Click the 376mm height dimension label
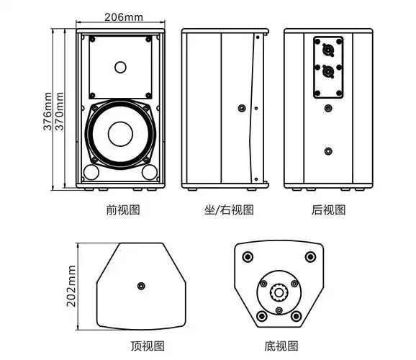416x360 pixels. pos(48,110)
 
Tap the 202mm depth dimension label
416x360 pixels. pos(71,286)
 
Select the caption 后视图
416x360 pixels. pos(329,210)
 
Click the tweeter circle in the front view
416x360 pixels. pos(120,68)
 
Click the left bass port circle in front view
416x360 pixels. pos(91,173)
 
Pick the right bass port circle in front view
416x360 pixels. pos(149,173)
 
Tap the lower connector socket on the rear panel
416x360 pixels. pos(328,72)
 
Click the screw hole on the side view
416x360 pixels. pos(240,109)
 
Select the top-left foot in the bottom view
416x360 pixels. pos(248,257)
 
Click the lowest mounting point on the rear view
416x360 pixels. pos(328,151)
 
